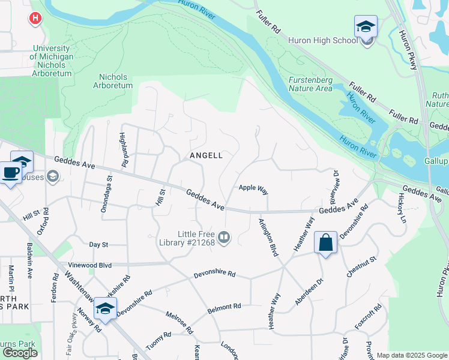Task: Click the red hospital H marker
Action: (35, 19)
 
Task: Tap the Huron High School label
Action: (322, 41)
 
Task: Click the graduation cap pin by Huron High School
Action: (366, 28)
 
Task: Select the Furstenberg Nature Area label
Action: (310, 84)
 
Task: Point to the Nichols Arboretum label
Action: (113, 81)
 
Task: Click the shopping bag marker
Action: (325, 243)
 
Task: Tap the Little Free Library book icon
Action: (224, 238)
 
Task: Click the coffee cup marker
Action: (10, 173)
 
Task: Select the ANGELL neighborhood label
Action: (206, 155)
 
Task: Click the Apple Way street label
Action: (253, 188)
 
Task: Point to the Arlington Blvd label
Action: (268, 238)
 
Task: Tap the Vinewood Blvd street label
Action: (91, 265)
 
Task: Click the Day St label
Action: (98, 245)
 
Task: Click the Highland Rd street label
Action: (124, 149)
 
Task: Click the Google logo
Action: (20, 353)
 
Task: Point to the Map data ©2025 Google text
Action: (411, 355)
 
